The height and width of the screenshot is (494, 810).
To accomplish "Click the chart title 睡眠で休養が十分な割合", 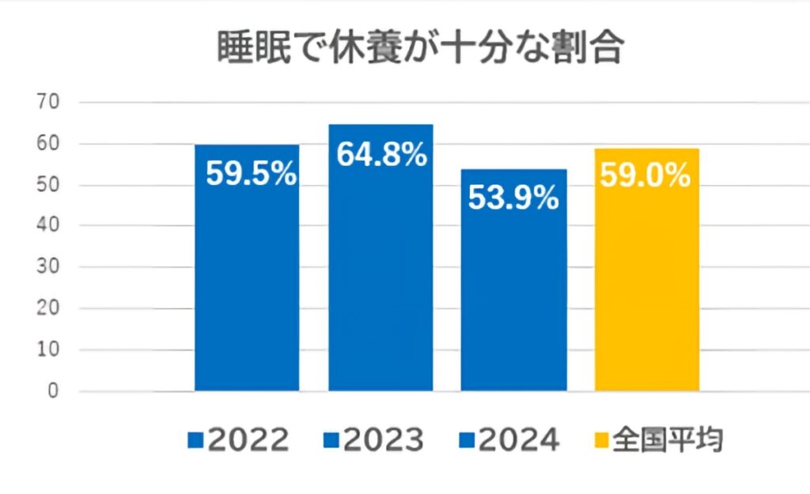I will pyautogui.click(x=421, y=48).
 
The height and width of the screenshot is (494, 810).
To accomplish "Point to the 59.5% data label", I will pyautogui.click(x=251, y=175).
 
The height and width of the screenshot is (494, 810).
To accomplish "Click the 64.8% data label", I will pyautogui.click(x=381, y=155).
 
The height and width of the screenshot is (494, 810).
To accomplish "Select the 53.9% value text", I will pyautogui.click(x=513, y=198).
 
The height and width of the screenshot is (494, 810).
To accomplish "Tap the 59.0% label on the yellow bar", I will pyautogui.click(x=646, y=175).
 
